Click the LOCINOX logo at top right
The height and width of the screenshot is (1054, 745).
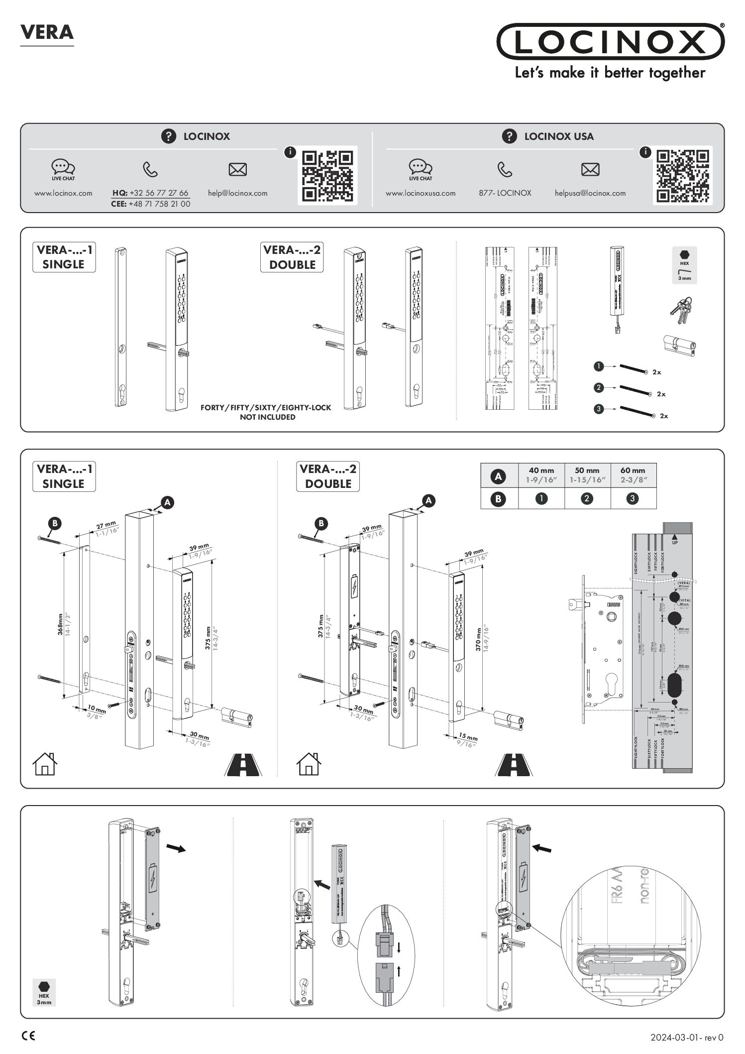610,42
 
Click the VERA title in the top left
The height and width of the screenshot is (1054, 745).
47,32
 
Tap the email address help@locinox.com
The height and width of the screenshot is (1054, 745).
237,193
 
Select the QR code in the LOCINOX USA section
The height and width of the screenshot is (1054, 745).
682,175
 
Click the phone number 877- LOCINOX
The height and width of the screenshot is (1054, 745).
505,193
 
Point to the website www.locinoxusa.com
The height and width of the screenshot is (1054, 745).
420,193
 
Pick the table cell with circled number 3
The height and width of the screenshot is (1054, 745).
633,498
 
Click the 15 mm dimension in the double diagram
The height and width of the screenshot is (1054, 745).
468,737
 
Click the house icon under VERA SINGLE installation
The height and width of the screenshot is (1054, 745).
45,764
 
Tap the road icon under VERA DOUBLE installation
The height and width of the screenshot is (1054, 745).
514,765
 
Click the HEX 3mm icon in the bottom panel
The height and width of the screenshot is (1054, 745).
44,992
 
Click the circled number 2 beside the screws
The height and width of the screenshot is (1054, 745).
599,387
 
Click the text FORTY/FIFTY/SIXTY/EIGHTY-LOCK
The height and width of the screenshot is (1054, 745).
265,408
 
